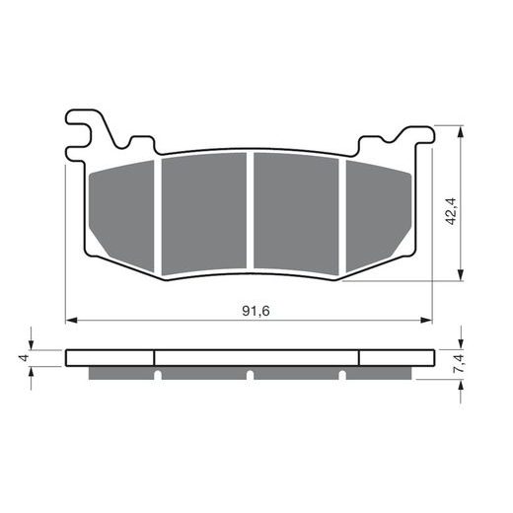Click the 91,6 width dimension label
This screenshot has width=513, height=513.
point(256,311)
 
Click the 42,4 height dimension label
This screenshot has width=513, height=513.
point(451,211)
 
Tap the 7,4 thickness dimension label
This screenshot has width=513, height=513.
point(459,363)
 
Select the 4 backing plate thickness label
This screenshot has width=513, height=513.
point(25,357)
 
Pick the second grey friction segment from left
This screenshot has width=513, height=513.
point(204,214)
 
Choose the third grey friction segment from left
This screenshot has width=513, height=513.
point(296,214)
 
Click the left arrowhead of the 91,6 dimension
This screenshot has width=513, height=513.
point(71,320)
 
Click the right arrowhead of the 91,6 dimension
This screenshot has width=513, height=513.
point(426,320)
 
